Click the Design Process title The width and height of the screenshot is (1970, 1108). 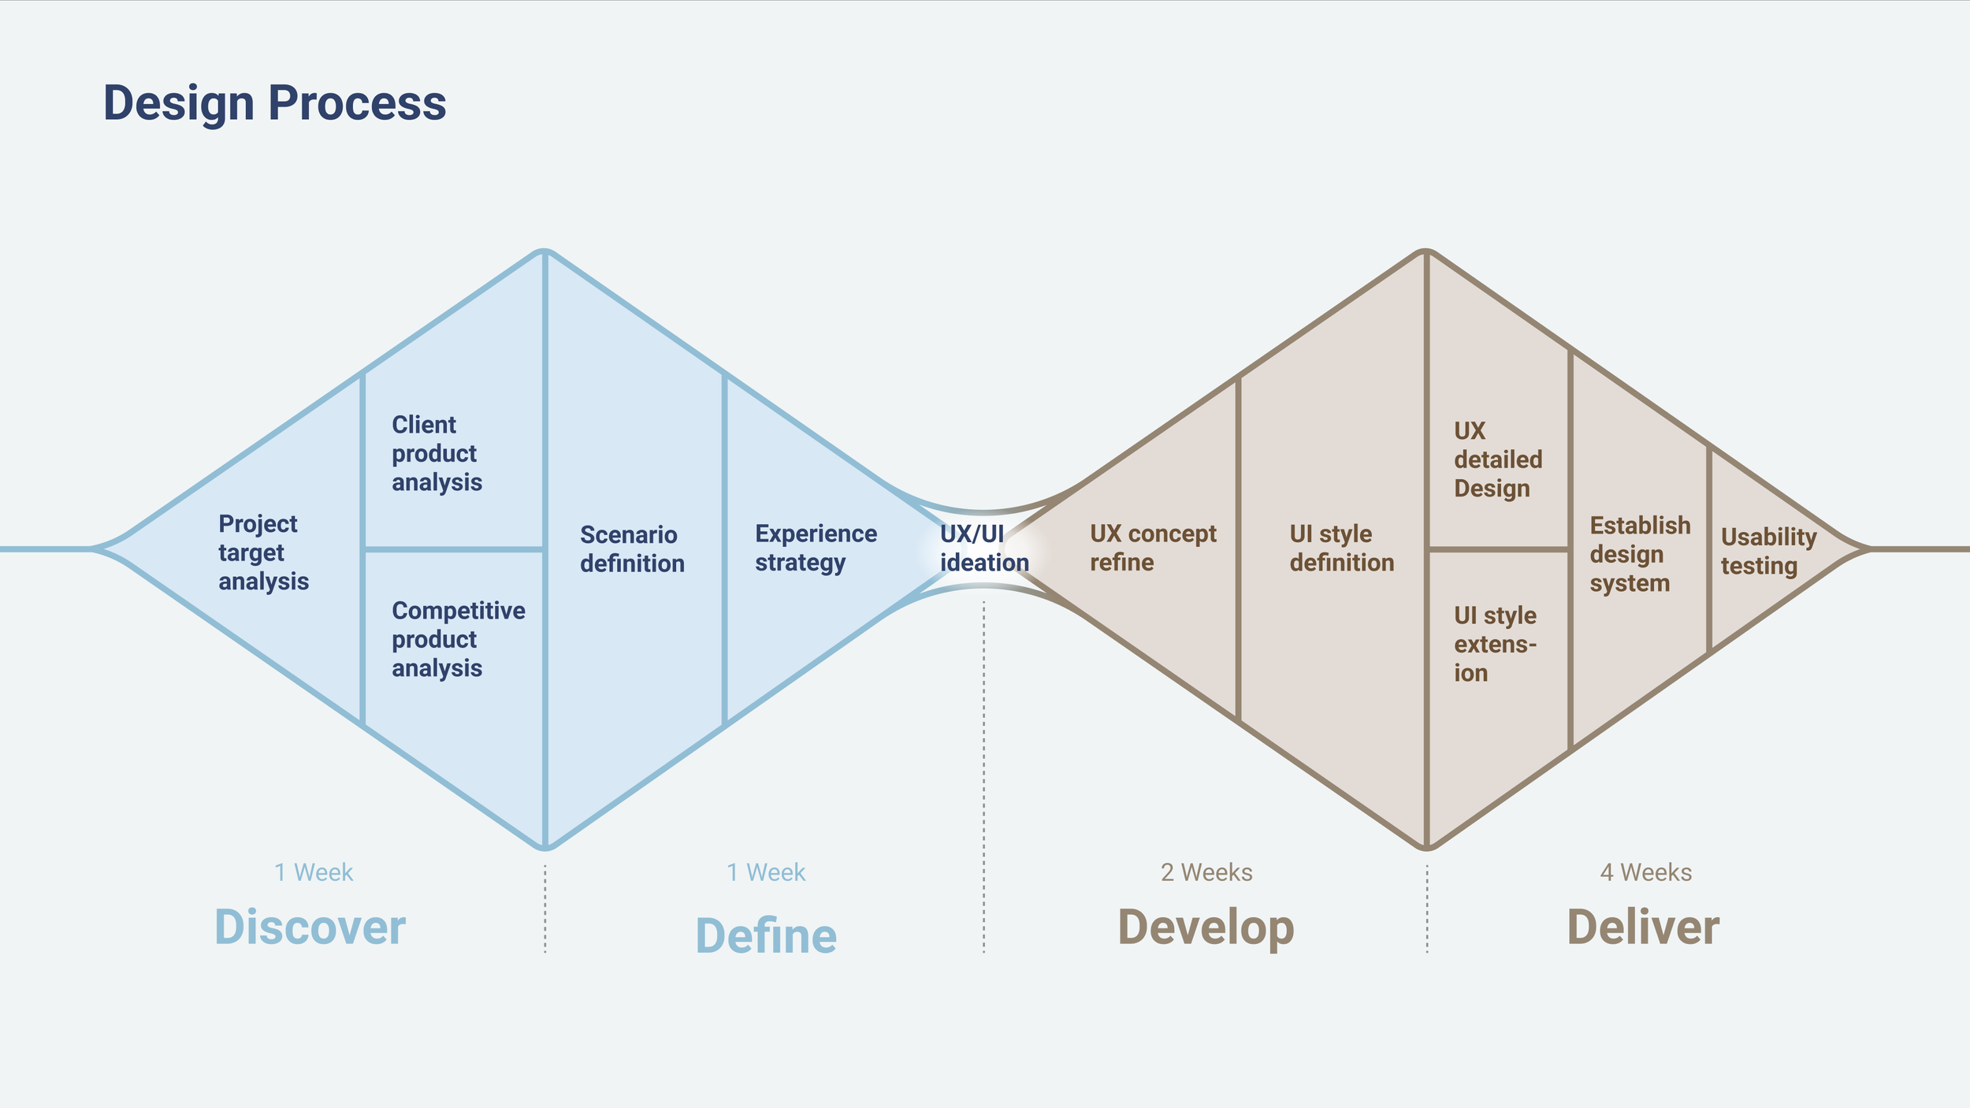click(x=274, y=103)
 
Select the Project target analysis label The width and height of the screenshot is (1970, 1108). click(x=262, y=552)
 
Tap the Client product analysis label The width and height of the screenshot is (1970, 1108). click(x=437, y=453)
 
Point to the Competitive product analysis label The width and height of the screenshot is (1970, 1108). click(x=458, y=639)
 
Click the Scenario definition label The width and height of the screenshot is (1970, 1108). click(x=632, y=549)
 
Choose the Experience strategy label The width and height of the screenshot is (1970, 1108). click(x=816, y=548)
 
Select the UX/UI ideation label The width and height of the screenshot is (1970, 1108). click(x=983, y=548)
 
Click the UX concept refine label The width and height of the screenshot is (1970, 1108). click(x=1152, y=548)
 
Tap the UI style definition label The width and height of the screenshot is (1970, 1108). click(x=1341, y=548)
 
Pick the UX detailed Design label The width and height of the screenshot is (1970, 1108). click(x=1497, y=459)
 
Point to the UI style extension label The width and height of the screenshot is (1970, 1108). click(x=1495, y=644)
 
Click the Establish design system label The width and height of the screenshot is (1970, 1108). click(x=1639, y=554)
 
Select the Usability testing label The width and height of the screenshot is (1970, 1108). click(x=1768, y=552)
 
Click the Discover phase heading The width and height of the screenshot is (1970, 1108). click(x=310, y=927)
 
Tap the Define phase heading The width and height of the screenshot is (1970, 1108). click(x=766, y=935)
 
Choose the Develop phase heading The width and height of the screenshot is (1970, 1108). click(x=1206, y=928)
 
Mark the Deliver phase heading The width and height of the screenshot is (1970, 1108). click(x=1643, y=927)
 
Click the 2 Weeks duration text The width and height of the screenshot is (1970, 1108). click(x=1206, y=872)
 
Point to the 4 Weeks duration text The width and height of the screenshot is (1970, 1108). click(x=1645, y=872)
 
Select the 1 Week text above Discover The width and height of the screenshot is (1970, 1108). click(x=314, y=872)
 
